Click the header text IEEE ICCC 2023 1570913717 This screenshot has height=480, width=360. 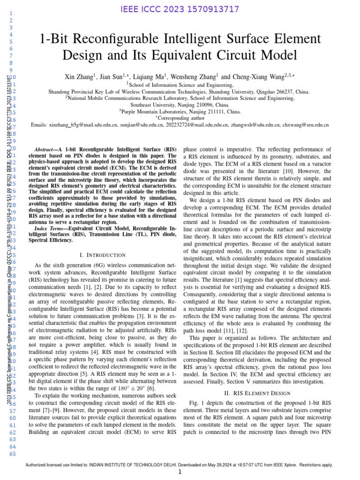pyautogui.click(x=180, y=9)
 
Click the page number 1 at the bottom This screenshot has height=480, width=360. pyautogui.click(x=180, y=472)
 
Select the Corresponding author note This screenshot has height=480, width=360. pyautogui.click(x=181, y=119)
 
